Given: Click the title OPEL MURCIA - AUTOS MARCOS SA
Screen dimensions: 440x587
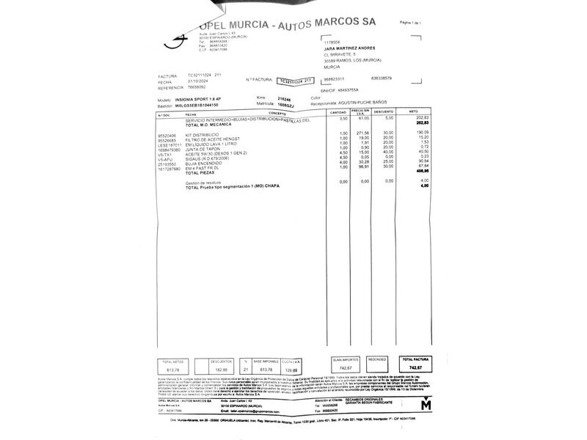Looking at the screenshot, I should (286, 24).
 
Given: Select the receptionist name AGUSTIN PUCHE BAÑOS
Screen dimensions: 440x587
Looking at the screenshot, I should (378, 103).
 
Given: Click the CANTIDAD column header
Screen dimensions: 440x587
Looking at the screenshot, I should (338, 113).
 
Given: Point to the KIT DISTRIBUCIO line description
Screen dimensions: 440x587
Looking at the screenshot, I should (204, 134).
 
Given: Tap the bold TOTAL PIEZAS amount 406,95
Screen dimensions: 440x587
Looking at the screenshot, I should (423, 171).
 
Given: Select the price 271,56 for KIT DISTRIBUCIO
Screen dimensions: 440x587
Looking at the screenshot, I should (362, 133).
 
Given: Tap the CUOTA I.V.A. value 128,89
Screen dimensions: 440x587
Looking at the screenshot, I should (291, 371).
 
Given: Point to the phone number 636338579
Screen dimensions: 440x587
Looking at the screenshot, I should (382, 78).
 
